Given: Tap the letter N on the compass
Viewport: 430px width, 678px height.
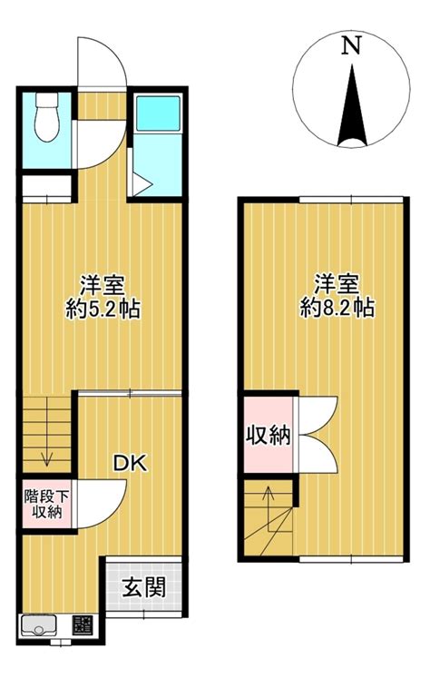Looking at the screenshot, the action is point(351,45).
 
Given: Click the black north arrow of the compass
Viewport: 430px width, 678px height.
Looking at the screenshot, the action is point(352,105).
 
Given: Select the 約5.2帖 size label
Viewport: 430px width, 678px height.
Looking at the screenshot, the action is point(103,310).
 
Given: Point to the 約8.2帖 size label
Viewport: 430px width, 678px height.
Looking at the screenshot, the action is point(337,309).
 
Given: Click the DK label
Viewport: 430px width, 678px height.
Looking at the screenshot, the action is point(130,463).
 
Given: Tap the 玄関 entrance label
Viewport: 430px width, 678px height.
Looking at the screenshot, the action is point(144,587).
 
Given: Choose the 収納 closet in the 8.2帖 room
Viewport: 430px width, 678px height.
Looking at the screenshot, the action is point(269,435).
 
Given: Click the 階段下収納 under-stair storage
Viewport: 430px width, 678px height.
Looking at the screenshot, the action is point(46,504).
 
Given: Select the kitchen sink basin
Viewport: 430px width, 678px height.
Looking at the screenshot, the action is point(38,624).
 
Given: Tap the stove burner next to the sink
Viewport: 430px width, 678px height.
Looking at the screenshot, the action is point(83,624).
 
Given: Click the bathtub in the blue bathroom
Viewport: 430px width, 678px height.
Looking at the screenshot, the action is point(158,113).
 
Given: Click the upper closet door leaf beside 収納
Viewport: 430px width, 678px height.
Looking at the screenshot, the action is point(318,416).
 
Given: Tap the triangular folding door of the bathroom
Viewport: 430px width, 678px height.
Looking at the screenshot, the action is point(141,184).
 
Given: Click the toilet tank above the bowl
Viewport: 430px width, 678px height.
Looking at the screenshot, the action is point(46,101).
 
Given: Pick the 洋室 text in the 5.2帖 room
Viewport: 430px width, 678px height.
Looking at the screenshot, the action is point(103,284).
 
